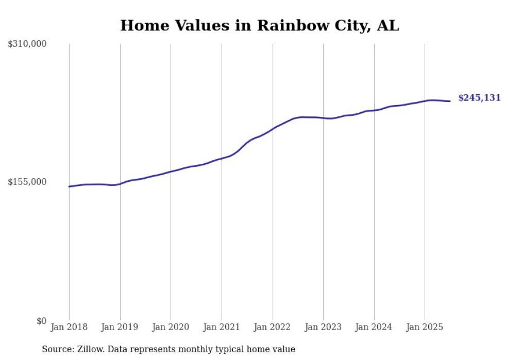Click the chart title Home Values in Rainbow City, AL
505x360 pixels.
point(259,25)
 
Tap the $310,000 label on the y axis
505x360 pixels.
point(27,44)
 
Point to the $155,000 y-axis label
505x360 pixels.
point(27,182)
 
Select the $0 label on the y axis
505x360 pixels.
point(41,321)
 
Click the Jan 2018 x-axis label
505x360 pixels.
point(69,327)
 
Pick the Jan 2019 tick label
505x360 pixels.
point(120,327)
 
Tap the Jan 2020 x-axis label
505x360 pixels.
point(171,327)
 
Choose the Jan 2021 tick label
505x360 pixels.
point(222,327)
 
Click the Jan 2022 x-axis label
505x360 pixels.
point(273,327)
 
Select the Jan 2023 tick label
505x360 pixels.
point(323,327)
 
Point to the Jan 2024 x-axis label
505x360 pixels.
point(374,327)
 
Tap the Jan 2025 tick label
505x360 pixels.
point(425,327)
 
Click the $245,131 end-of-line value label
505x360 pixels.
point(479,98)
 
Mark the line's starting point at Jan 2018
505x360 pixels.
point(69,186)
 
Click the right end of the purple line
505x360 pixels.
point(450,101)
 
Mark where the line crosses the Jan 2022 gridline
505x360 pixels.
point(273,128)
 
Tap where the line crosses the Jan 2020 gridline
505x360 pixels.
point(171,172)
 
